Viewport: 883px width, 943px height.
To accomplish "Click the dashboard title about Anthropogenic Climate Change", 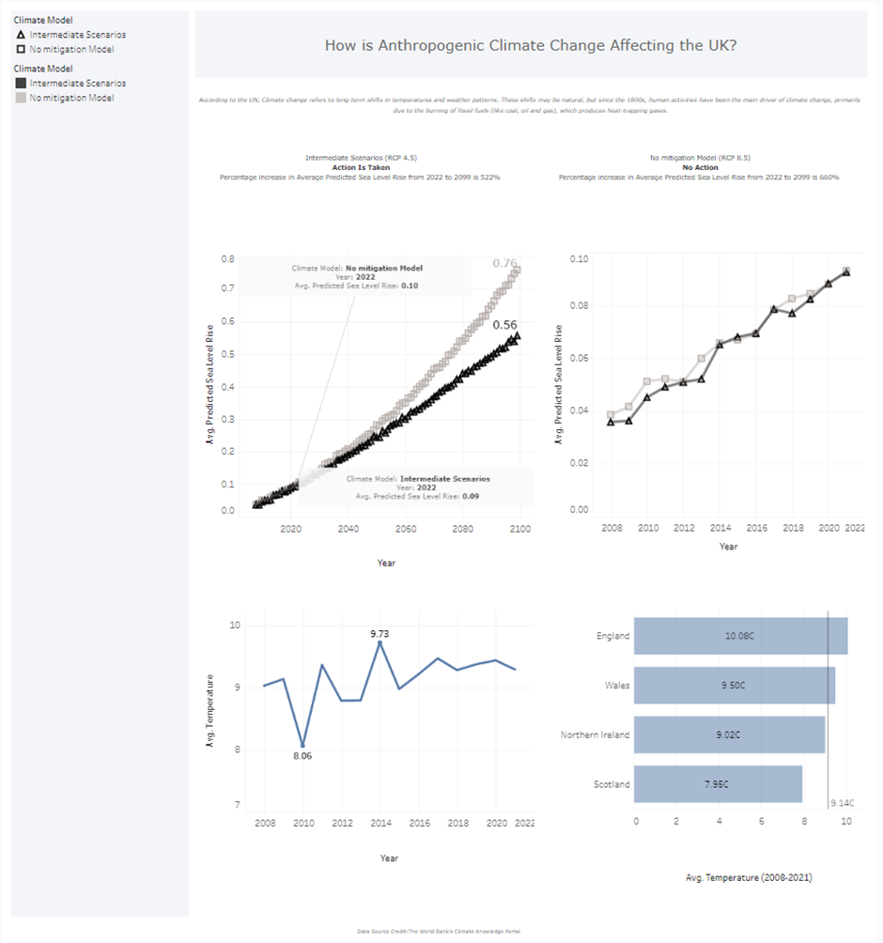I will point(531,45).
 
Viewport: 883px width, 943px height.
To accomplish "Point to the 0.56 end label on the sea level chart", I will point(504,325).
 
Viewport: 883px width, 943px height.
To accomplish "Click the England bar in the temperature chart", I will point(740,636).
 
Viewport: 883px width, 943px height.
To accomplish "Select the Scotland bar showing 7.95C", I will point(718,784).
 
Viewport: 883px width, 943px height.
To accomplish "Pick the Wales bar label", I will point(617,686).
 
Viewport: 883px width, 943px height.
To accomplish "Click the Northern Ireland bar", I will point(729,734).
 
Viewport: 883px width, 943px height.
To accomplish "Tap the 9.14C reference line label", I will point(842,804).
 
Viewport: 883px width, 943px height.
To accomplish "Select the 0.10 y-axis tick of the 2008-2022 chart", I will point(579,259).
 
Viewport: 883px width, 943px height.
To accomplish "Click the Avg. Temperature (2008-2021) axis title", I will point(748,877).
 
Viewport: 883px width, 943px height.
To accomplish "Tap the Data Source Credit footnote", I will point(439,932).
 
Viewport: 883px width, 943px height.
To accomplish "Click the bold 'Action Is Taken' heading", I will point(361,167).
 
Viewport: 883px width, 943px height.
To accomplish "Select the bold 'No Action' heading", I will point(700,167).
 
